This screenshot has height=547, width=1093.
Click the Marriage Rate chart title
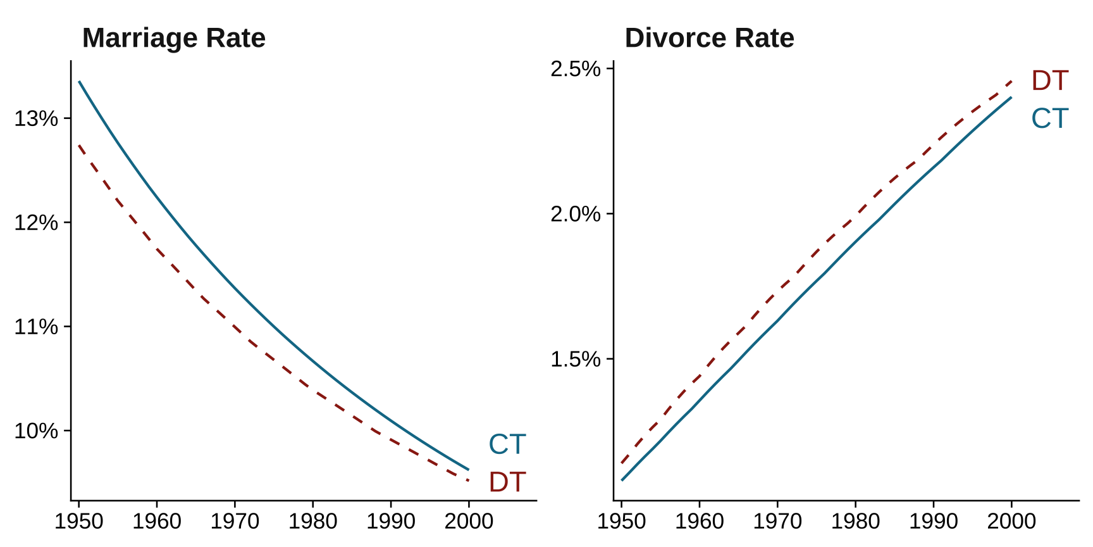click(173, 38)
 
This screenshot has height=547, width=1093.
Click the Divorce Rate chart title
click(709, 38)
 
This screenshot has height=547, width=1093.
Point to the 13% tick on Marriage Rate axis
click(36, 118)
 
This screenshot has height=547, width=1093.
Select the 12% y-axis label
click(36, 223)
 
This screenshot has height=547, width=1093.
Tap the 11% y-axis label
click(36, 327)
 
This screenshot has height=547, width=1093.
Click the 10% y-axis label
click(36, 431)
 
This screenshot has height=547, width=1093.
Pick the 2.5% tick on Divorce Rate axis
click(575, 68)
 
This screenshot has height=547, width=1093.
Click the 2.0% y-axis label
click(575, 214)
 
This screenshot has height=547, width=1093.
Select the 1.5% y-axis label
click(575, 360)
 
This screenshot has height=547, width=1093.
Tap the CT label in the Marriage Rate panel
click(507, 444)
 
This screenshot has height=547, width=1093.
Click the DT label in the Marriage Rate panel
click(507, 482)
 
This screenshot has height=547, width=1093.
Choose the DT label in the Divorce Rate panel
click(1049, 80)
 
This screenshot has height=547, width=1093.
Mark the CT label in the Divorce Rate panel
click(1049, 118)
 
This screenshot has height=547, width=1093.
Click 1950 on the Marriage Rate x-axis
click(79, 522)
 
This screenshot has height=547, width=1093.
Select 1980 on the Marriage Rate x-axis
click(312, 522)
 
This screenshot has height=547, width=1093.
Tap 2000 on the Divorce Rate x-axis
click(1011, 522)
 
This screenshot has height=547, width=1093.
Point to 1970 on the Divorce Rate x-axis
click(777, 522)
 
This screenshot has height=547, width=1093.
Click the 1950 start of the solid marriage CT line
click(79, 82)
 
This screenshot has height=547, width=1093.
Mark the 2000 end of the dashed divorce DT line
click(1011, 82)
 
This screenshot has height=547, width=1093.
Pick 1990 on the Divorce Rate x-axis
click(934, 522)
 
